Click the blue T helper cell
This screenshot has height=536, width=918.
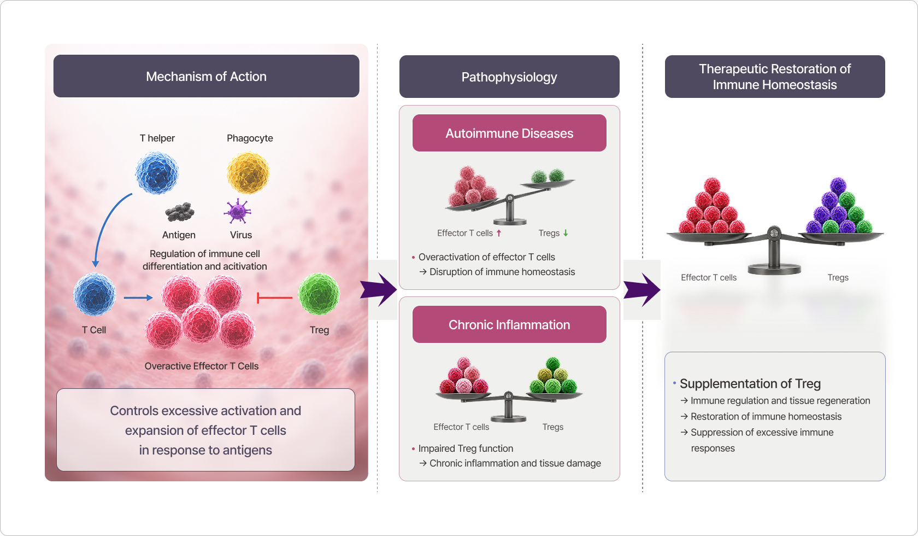point(157,173)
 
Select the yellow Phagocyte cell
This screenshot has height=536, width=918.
point(248,173)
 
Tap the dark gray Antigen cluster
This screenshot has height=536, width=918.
point(179,212)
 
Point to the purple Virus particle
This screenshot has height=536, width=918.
point(237,211)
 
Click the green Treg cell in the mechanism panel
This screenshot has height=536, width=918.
point(319,294)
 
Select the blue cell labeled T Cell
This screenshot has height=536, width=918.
point(95,294)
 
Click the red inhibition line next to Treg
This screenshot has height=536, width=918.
point(274,298)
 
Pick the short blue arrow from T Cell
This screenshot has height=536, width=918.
point(139,298)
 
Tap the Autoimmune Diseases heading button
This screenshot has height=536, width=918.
point(509,133)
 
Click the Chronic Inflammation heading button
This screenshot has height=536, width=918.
point(509,324)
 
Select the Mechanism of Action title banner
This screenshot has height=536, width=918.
point(206,76)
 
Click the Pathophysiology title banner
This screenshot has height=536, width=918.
point(509,77)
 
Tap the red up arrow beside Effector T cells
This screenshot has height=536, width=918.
point(499,233)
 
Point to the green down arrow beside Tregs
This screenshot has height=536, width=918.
point(566,233)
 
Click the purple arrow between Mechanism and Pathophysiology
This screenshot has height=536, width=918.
point(379,289)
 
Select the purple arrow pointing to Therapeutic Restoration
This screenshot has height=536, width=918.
point(642,289)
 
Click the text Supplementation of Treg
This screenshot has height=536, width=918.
point(750,383)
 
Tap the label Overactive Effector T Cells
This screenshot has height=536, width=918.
point(202,366)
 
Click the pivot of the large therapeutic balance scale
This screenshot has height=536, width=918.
point(774,234)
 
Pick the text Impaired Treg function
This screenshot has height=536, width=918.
point(466,448)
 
